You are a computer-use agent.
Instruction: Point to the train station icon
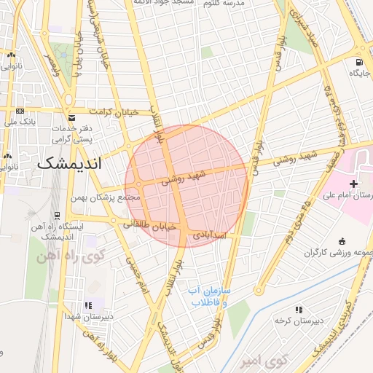tap(57, 216)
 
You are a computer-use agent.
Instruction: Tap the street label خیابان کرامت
tap(113, 111)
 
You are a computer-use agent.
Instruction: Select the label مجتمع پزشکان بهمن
tap(106, 197)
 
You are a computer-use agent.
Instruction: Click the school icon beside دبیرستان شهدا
tap(88, 305)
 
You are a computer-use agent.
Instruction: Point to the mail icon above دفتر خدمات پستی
tap(71, 118)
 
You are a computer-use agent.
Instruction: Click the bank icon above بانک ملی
tap(19, 111)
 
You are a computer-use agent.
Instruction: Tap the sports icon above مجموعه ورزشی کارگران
tap(342, 241)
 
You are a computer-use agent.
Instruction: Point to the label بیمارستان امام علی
tap(361, 196)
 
